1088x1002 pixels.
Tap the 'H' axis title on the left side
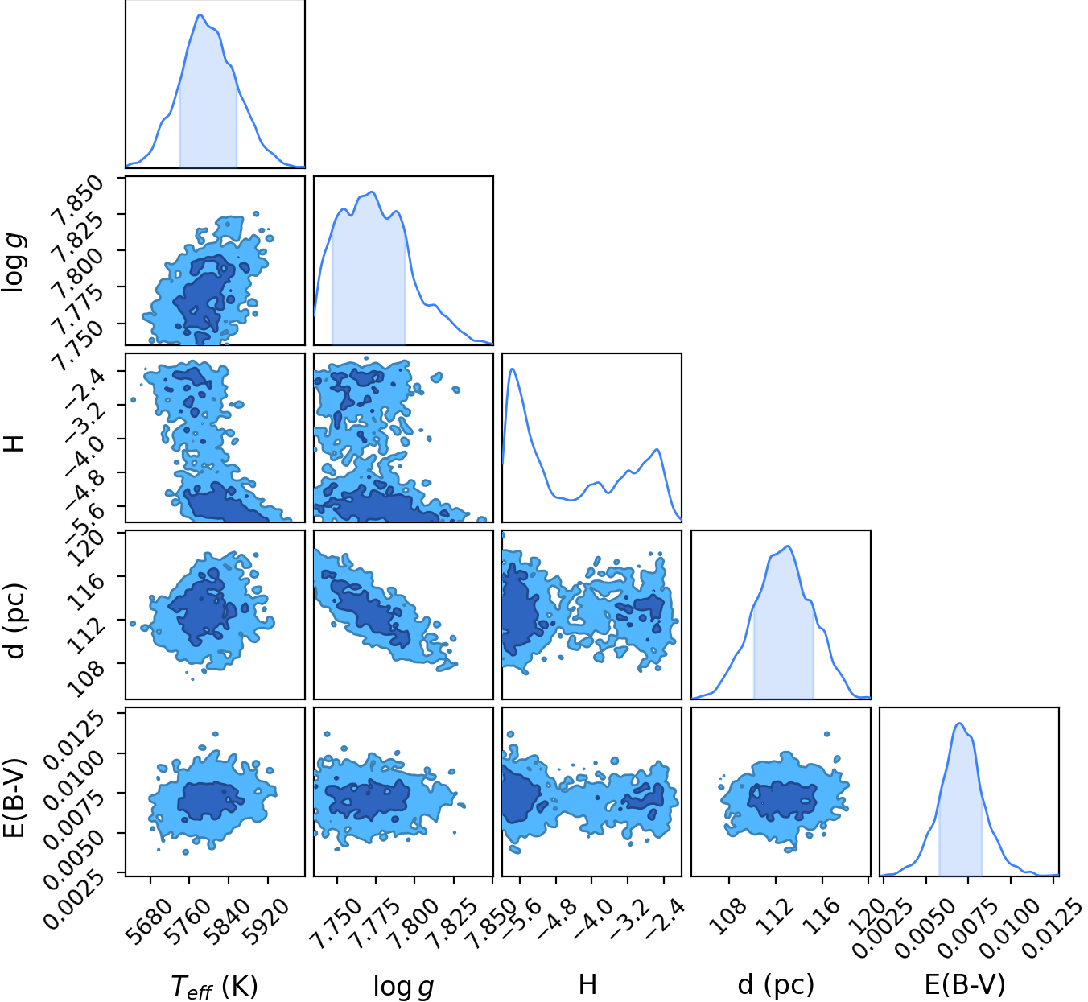pos(14,443)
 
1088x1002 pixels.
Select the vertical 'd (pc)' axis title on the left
pos(15,621)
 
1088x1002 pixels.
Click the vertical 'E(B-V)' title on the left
pos(14,798)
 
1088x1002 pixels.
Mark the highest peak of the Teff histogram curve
pos(200,14)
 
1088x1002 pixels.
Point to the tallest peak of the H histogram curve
pos(512,369)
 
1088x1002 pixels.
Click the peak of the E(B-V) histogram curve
pos(959,724)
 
